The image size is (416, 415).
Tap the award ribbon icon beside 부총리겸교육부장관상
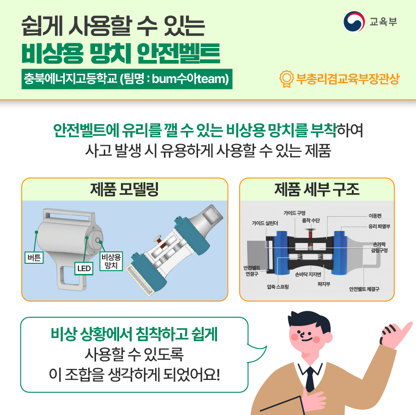click(x=286, y=79)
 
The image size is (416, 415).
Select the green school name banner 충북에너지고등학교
click(x=127, y=79)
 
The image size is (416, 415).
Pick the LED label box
click(x=84, y=268)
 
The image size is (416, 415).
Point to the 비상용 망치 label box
click(x=111, y=261)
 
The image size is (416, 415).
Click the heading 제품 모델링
click(x=125, y=190)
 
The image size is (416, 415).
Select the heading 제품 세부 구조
click(x=317, y=190)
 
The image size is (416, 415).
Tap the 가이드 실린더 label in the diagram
click(x=265, y=223)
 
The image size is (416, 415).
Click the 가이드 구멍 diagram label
click(x=295, y=213)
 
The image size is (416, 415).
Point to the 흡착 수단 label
click(x=311, y=220)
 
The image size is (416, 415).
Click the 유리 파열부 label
click(x=379, y=226)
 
